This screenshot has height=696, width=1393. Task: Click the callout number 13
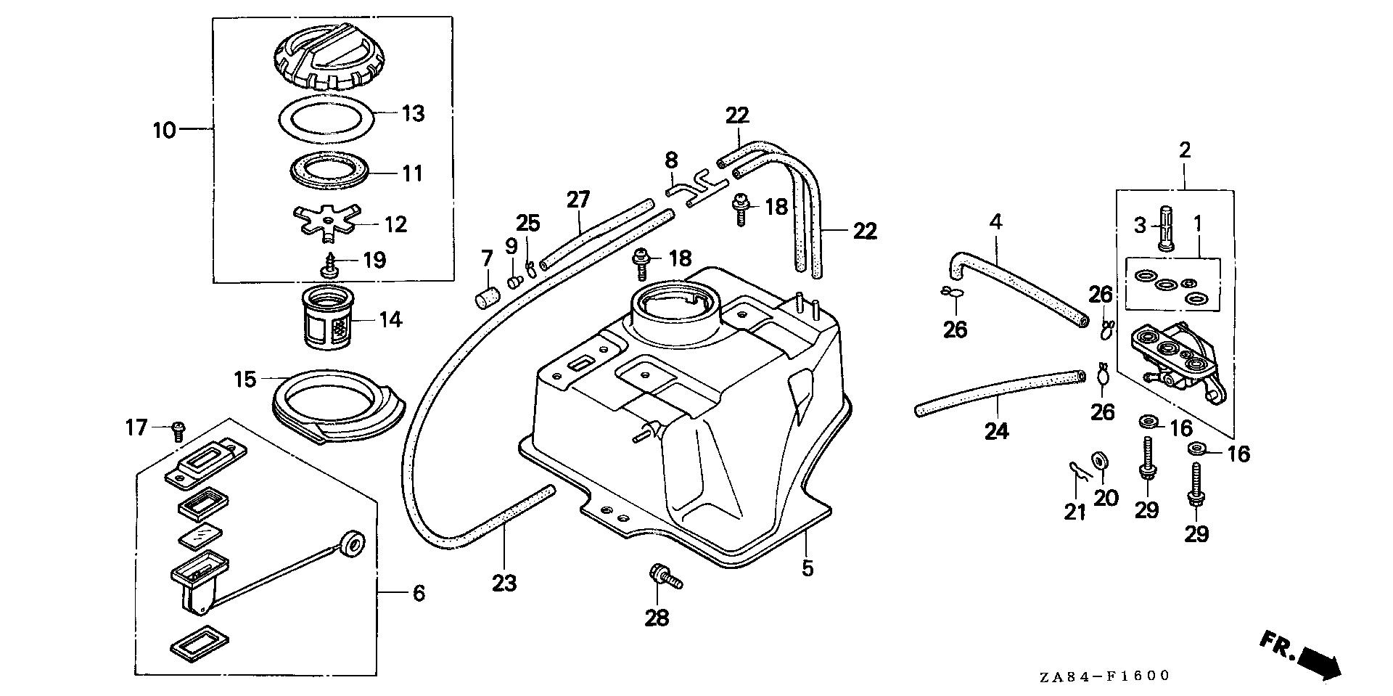[413, 114]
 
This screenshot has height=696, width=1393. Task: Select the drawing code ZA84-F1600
[1104, 676]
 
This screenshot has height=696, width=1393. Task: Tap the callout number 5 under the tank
[808, 568]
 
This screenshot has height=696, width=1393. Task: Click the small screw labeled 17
[176, 430]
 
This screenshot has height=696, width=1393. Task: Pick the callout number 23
[504, 582]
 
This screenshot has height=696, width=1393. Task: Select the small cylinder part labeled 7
[487, 299]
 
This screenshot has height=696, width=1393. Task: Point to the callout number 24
[997, 431]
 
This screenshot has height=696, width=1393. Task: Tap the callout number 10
[165, 131]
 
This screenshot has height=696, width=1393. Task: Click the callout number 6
[418, 593]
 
